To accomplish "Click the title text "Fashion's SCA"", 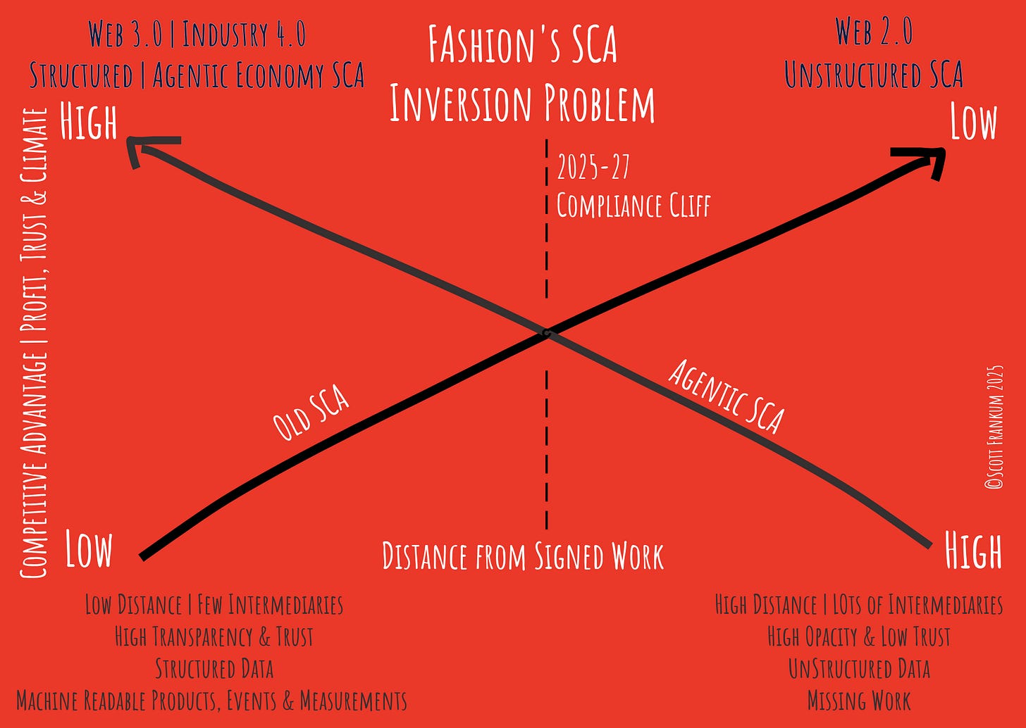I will pyautogui.click(x=522, y=45).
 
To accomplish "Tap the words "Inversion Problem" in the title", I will pyautogui.click(x=522, y=103).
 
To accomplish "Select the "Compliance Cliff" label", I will pyautogui.click(x=633, y=206).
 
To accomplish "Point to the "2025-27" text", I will pyautogui.click(x=593, y=168).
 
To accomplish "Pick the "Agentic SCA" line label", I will pyautogui.click(x=726, y=396).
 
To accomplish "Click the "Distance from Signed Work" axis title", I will pyautogui.click(x=522, y=556).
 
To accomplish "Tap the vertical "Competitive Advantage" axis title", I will pyautogui.click(x=33, y=343).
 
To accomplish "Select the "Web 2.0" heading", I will pyautogui.click(x=873, y=32).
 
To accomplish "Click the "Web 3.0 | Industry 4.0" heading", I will pyautogui.click(x=197, y=34).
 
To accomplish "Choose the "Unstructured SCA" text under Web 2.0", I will pyautogui.click(x=873, y=75).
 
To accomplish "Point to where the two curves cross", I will pyautogui.click(x=546, y=332).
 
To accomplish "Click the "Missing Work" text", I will pyautogui.click(x=858, y=701).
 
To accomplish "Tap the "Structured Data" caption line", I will pyautogui.click(x=214, y=668).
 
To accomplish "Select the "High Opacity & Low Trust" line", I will pyautogui.click(x=858, y=636).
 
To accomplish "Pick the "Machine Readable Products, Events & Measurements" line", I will pyautogui.click(x=211, y=701).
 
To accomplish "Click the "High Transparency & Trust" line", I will pyautogui.click(x=214, y=636).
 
